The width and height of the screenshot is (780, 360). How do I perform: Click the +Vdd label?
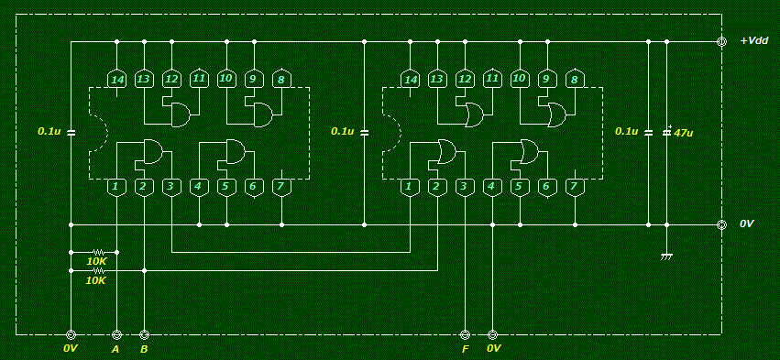[754, 42]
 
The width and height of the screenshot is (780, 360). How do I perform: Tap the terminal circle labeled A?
[116, 335]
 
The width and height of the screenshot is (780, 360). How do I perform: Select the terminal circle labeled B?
[144, 335]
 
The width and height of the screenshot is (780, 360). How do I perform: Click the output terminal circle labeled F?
[465, 335]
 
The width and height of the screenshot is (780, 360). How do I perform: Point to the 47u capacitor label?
[684, 133]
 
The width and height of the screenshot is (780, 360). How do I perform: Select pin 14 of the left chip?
[116, 79]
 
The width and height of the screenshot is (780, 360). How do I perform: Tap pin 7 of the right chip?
[575, 188]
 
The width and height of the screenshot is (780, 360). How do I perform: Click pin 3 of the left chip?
[171, 188]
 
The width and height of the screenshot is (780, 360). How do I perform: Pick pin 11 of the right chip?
[492, 79]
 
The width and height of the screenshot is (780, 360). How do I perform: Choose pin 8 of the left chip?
[281, 79]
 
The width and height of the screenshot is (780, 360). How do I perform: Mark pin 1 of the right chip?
[410, 188]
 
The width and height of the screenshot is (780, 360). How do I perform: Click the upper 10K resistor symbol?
[97, 252]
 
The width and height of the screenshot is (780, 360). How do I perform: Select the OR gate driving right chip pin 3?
[446, 151]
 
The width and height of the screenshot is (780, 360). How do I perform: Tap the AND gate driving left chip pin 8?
[262, 115]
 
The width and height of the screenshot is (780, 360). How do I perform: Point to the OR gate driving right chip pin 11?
[473, 115]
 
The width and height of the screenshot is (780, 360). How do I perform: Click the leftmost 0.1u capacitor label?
[49, 132]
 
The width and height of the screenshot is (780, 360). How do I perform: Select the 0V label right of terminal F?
[493, 349]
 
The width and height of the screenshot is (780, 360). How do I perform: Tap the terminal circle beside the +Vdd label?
[721, 42]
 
